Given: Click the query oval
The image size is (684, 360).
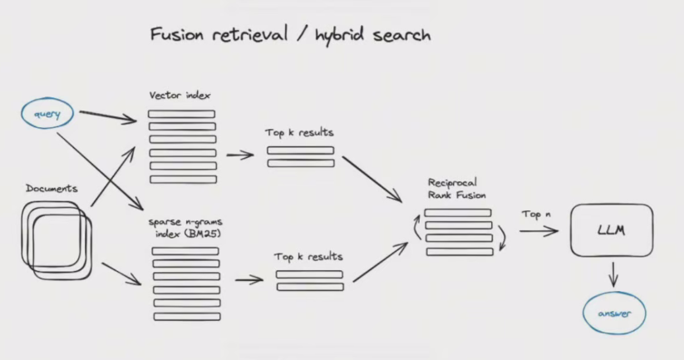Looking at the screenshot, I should point(47,114).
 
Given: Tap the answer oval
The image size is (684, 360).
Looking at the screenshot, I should point(613,314).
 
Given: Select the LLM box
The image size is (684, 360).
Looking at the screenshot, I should point(611,229).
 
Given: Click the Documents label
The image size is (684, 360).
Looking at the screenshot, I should point(52,189).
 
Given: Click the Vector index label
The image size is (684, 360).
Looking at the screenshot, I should point(179,96).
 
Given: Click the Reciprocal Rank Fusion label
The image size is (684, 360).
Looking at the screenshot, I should point(456,188).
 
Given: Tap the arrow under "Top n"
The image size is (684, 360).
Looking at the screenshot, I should point(539,231).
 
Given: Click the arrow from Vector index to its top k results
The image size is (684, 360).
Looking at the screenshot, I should point(240,155).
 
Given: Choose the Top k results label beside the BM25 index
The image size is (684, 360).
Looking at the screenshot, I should point(308,256).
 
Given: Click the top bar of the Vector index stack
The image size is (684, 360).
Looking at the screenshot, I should point(181,114).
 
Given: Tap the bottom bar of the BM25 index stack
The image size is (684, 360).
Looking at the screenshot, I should point(186,316).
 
